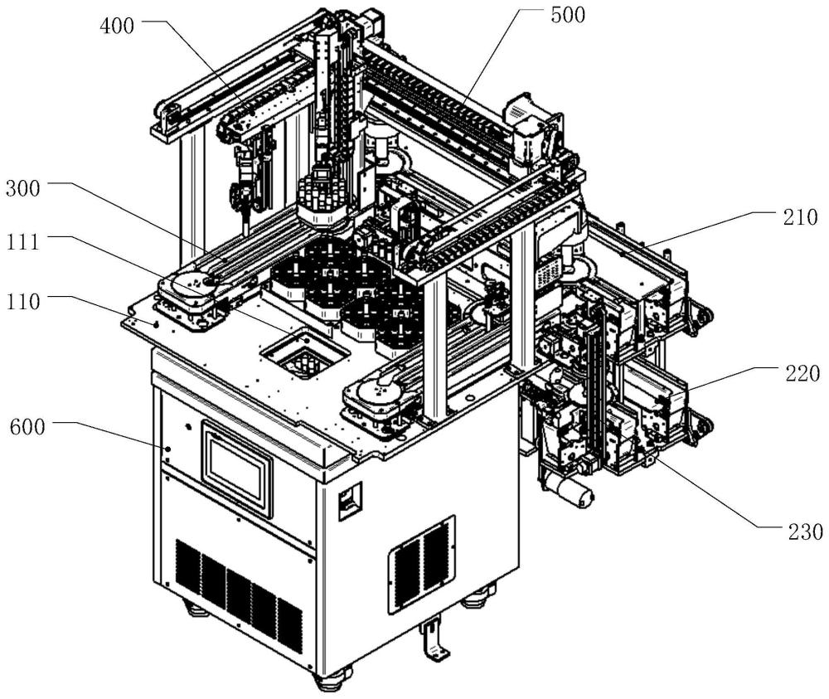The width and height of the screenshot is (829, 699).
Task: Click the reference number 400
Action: pos(116,25)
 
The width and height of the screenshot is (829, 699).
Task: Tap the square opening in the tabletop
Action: pos(303,355)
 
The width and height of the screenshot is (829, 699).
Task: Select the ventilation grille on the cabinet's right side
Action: pos(423,564)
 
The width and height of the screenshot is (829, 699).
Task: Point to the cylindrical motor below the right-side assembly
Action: pos(573,492)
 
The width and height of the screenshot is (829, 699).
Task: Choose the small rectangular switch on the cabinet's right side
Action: pos(348,501)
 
